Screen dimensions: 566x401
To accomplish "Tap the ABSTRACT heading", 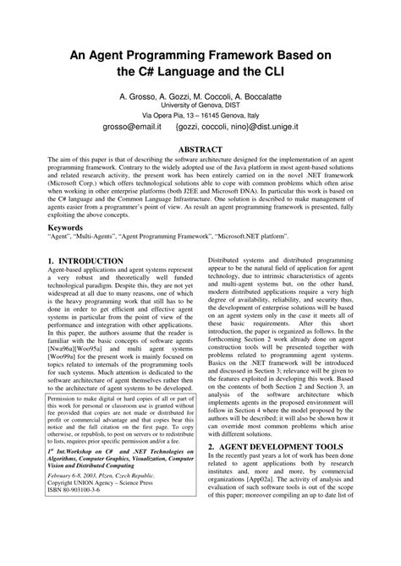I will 200,149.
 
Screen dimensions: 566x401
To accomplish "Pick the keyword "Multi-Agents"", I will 105,239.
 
